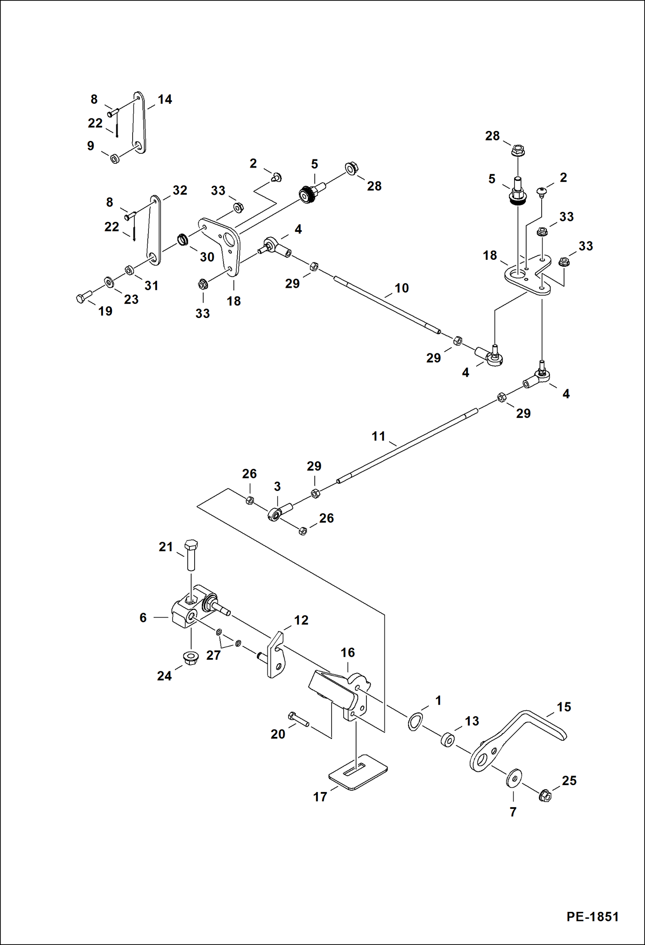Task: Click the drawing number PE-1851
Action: [x=592, y=916]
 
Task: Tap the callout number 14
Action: [x=164, y=100]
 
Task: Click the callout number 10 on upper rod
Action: [x=401, y=288]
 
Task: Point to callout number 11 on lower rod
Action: [x=378, y=436]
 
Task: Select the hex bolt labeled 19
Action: [x=84, y=297]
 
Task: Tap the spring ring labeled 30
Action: [x=183, y=239]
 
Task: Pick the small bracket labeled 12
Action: [x=276, y=655]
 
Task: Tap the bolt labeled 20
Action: [x=298, y=719]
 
